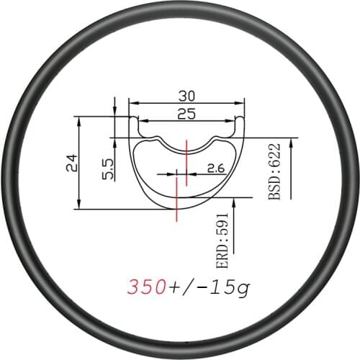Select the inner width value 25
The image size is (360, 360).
pos(185,113)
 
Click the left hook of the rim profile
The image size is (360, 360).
pos(134,122)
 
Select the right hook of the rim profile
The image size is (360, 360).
pos(238,122)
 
